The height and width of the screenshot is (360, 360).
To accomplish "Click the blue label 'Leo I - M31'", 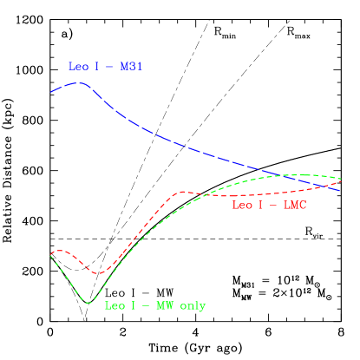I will [105, 67].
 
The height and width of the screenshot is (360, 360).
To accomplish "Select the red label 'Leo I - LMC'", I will [269, 206].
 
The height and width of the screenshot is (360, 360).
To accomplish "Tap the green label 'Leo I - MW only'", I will [155, 306].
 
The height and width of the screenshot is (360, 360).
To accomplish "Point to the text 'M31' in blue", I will [131, 67].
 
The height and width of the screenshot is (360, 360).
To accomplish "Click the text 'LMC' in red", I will [295, 206].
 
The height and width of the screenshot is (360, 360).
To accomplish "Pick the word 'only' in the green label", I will [192, 306].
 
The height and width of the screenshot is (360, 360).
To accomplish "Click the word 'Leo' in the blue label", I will [78, 67].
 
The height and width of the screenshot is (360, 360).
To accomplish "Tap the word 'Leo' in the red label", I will [242, 206].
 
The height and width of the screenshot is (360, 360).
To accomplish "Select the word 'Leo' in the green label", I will [115, 306].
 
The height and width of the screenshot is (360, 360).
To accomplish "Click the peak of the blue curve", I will [80, 83].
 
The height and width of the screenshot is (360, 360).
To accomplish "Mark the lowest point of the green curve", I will [88, 303].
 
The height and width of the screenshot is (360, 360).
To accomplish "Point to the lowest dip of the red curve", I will [99, 273].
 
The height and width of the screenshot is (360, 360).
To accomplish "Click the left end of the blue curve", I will [50, 92].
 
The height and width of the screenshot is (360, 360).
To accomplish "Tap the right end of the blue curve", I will [340, 189].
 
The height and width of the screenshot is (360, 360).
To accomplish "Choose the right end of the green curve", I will [341, 179].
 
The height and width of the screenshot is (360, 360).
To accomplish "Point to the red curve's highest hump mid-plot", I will [182, 191].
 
